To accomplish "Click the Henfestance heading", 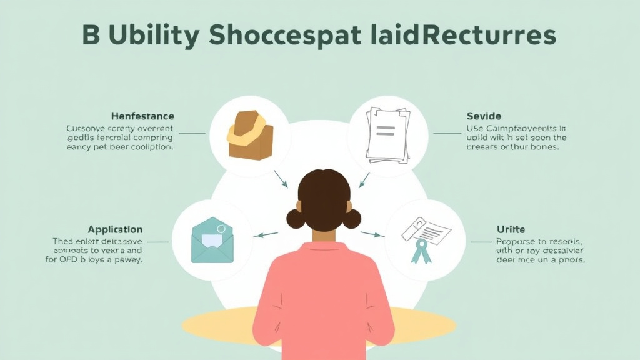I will tap(142, 116).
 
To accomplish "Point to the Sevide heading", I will tap(484, 116).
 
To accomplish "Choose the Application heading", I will tap(115, 229).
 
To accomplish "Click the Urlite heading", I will tap(511, 229).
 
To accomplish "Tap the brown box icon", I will tap(249, 134).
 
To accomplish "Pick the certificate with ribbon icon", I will tap(425, 238).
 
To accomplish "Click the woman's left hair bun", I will tap(296, 218).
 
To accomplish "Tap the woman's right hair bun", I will tap(352, 218).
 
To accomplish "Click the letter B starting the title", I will tap(91, 36).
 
